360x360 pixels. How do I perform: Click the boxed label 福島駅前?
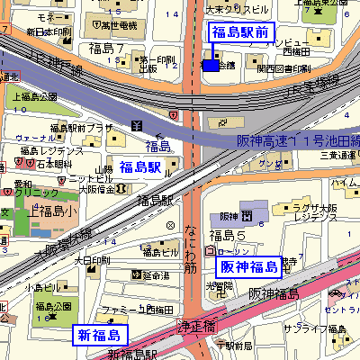pos(238,33)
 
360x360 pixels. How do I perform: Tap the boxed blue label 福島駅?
pos(139,166)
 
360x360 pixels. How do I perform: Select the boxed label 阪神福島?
pos(247,266)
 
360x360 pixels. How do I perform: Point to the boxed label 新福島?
pos(99,336)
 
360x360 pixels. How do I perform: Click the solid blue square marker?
pos(210,65)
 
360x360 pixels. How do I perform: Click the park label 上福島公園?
pos(34,96)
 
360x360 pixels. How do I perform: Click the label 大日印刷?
pos(91,261)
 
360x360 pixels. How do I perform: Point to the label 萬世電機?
pos(117,26)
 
